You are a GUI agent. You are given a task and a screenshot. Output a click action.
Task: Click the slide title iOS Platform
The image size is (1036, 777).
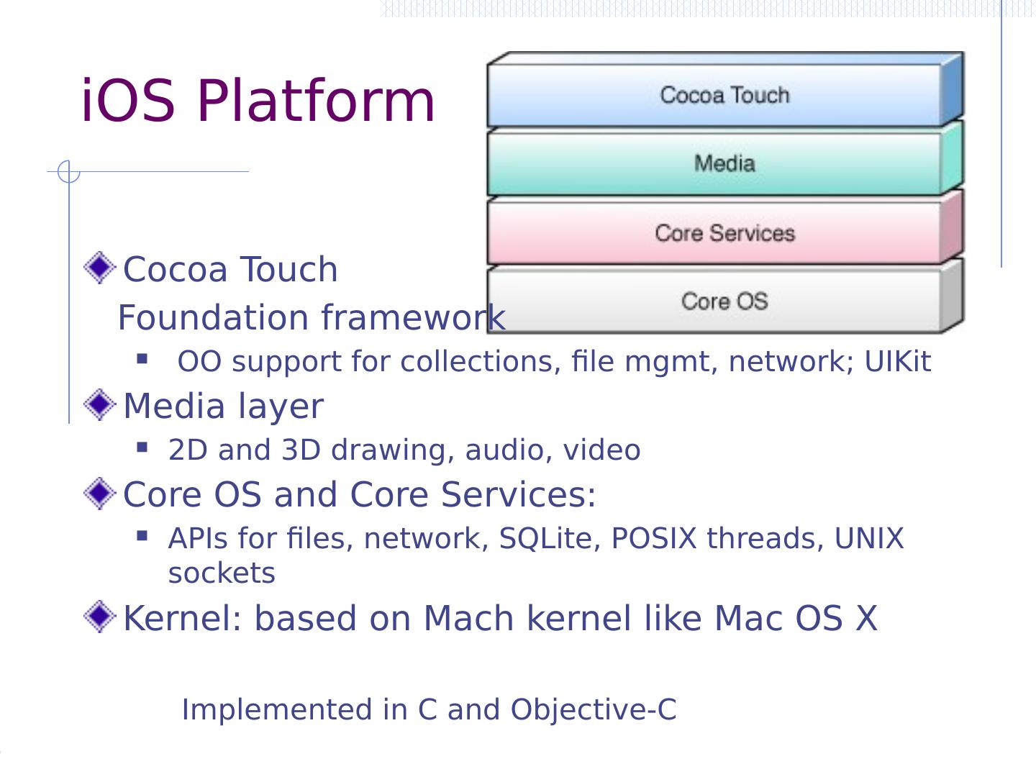coord(258,101)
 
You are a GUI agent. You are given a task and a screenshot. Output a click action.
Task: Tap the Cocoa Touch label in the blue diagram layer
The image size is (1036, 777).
coord(724,95)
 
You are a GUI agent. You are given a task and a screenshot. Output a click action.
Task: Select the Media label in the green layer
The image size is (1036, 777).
coord(724,163)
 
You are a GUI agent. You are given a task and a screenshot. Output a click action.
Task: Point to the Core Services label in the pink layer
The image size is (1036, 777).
coord(724,233)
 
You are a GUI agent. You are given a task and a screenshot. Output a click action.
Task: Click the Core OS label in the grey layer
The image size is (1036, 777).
coord(724,301)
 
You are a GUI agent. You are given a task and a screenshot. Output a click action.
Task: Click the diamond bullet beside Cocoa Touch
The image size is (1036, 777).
coord(99,268)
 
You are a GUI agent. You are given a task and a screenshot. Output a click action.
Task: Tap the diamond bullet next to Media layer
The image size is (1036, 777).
coord(99,404)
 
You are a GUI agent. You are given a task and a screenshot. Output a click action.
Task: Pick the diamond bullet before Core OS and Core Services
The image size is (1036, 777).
coord(99,494)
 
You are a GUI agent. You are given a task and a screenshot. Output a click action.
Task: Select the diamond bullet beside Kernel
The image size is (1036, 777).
coord(99,617)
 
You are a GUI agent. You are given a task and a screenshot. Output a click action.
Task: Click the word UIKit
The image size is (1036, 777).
coord(897,362)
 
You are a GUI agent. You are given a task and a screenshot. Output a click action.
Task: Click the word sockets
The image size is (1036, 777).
coord(222,573)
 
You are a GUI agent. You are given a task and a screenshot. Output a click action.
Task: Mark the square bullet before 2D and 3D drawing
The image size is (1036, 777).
coord(142,447)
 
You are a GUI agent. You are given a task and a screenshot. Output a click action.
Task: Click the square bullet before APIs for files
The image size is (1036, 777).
coord(142,536)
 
